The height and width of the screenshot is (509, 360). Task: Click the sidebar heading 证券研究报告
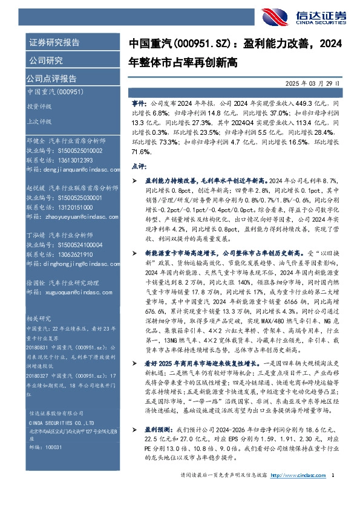[54, 43]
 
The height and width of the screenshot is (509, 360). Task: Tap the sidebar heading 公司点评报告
[51, 78]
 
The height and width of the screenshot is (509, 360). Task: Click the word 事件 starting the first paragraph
[138, 104]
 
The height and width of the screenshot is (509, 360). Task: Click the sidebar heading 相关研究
[39, 317]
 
